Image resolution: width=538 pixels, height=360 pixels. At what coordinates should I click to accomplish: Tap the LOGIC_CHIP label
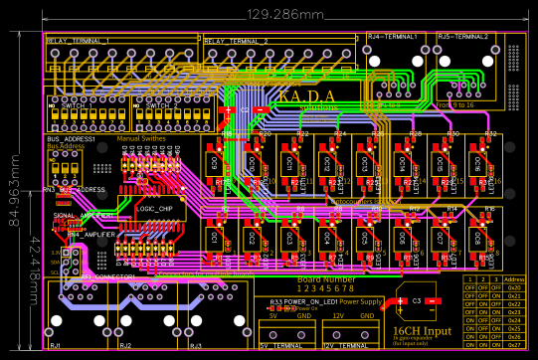159,210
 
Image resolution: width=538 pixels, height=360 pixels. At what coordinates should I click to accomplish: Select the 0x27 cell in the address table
514,345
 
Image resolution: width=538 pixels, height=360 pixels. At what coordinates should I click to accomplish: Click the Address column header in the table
514,280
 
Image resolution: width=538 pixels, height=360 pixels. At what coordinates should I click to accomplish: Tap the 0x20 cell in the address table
514,288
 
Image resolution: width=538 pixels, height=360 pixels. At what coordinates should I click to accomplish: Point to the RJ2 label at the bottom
125,345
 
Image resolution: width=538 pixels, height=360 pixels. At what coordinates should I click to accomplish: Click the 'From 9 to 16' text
456,103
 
